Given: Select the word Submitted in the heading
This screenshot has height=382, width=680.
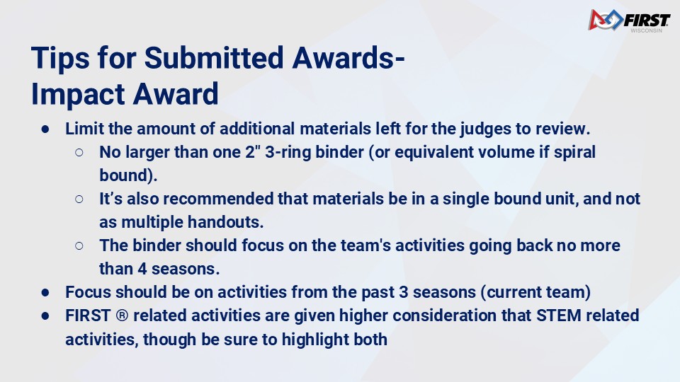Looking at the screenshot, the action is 214,57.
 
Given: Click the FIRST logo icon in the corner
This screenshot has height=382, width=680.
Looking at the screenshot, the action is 606,20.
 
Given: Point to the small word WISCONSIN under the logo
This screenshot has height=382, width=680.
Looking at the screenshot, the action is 646,30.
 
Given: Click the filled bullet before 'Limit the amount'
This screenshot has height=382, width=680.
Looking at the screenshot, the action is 45,129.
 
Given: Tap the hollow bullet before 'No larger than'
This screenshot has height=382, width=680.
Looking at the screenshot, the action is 79,153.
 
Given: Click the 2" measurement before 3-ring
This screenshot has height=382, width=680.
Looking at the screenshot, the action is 252,152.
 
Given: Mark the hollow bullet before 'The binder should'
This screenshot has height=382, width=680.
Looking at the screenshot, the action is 79,246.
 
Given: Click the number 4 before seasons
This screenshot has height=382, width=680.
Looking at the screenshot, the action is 142,269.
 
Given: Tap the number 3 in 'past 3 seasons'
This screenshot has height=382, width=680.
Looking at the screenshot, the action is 403,292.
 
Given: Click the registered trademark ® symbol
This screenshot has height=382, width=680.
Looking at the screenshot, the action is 122,316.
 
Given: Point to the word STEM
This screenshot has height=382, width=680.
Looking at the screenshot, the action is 559,316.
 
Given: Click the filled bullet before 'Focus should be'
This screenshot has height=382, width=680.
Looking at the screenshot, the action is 45,293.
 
